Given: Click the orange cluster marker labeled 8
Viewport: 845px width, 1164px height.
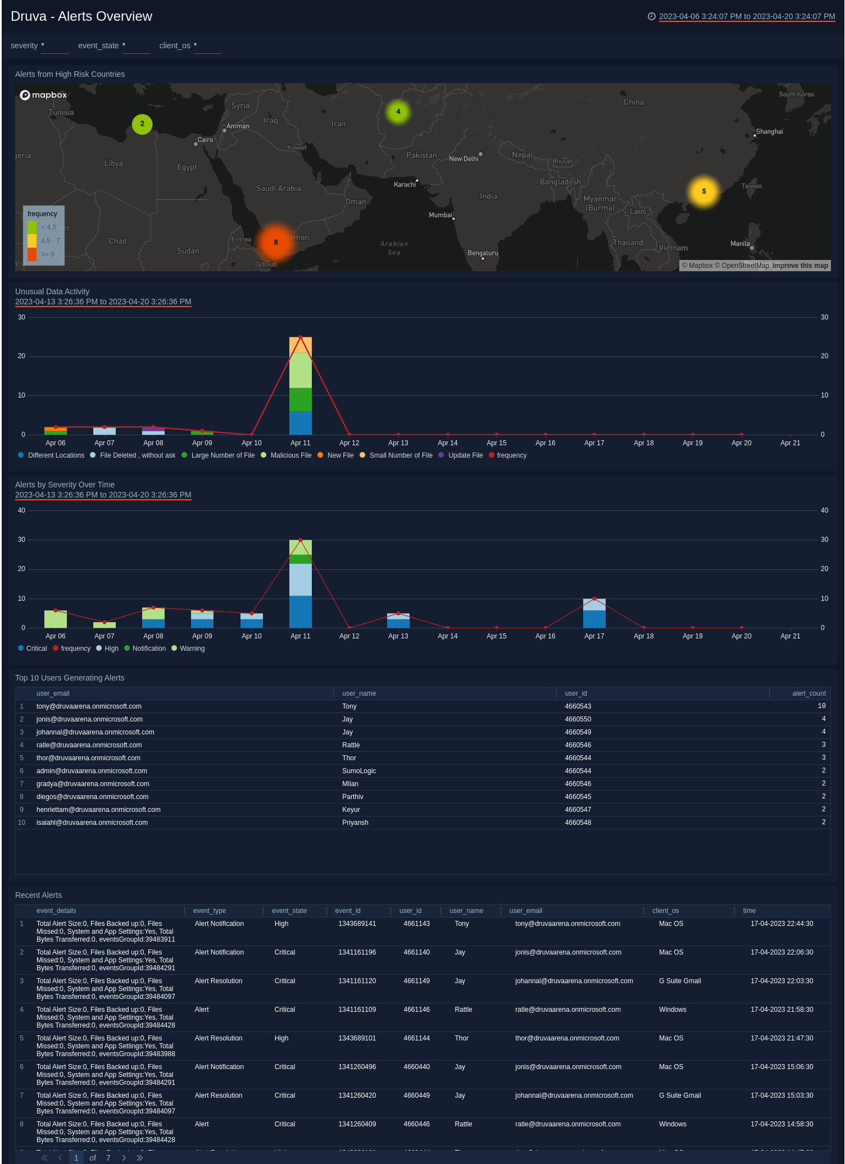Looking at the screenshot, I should [275, 242].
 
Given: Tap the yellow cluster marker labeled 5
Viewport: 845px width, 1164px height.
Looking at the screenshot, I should [703, 191].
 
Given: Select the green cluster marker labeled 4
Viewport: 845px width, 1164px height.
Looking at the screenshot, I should [398, 112].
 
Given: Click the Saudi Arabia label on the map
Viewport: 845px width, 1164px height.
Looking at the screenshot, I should [278, 189].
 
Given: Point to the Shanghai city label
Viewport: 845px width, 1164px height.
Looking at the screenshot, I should [769, 132].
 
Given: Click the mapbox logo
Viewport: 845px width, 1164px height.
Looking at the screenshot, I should [43, 95].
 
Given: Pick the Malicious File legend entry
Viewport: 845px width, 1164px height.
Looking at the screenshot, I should [290, 455].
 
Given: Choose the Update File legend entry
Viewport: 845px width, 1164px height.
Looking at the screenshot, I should [465, 455].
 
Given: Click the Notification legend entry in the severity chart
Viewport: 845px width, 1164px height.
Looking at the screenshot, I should [149, 649].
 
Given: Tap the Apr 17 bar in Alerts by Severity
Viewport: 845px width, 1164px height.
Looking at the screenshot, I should [594, 613].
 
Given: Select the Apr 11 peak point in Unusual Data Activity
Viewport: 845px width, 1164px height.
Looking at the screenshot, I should [301, 337].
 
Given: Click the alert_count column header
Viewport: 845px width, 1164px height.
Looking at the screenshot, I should [808, 693].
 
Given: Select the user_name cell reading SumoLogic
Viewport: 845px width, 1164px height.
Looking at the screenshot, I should [359, 771].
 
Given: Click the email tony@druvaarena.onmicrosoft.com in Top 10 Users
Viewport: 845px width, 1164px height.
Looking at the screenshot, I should [89, 706].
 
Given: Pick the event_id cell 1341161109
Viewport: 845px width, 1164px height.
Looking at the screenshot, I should [357, 1010].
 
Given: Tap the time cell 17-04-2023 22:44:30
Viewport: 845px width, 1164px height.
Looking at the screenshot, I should [782, 924].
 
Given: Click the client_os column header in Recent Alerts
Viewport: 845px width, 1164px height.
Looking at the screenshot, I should [665, 911].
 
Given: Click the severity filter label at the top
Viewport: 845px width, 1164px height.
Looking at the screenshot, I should [24, 45].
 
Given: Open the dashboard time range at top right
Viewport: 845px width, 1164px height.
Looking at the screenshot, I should [746, 16].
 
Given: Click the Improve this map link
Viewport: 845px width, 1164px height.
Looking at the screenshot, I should [799, 266].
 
